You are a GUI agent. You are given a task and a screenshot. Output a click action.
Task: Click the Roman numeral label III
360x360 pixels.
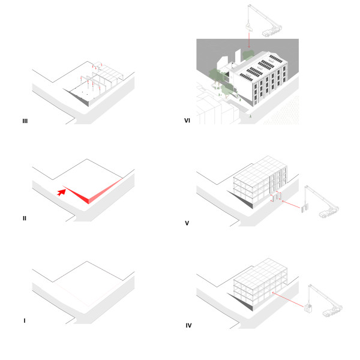pos(25,121)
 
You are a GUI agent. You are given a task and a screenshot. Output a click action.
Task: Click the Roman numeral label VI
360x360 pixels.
pos(187,121)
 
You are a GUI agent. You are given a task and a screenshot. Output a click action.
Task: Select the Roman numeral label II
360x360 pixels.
pos(25,218)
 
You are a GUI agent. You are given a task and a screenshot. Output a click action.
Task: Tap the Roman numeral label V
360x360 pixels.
pos(187,223)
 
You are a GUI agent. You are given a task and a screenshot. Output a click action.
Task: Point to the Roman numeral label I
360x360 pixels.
pos(25,320)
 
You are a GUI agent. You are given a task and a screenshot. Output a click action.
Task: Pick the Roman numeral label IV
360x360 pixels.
pos(188,325)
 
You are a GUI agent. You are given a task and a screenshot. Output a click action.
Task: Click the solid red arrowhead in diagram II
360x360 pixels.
pos(61,193)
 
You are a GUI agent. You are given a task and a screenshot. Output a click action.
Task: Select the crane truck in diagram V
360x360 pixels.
pos(329,212)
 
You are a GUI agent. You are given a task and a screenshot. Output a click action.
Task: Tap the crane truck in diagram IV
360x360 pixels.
pos(332,311)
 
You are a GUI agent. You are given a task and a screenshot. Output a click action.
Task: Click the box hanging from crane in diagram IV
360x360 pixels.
pos(308,308)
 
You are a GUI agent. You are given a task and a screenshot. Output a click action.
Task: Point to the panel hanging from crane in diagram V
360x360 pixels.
pos(305,208)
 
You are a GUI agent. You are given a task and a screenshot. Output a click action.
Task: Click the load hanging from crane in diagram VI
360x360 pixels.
pos(248,27)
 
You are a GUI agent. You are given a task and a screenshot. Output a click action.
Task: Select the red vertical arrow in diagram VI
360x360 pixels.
pos(249,40)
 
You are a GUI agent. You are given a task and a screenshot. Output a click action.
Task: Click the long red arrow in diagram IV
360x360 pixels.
pos(288,299)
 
